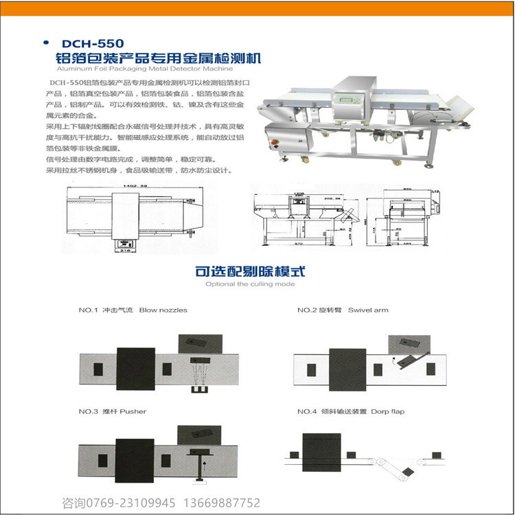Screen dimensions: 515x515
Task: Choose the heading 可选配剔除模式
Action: tap(250, 271)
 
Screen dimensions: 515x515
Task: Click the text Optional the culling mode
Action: tap(250, 284)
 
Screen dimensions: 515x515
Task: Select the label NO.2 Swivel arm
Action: tap(343, 310)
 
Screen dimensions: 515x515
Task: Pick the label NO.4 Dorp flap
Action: tap(351, 411)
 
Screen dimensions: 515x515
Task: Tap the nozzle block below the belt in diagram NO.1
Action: tap(201, 391)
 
